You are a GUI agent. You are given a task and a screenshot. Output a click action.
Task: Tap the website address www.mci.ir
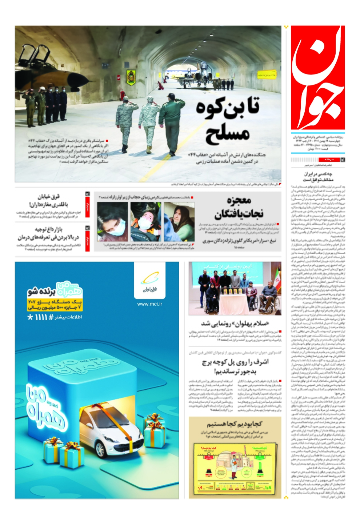[x=150, y=304]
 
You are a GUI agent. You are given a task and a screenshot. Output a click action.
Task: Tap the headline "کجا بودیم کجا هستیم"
[x=235, y=424]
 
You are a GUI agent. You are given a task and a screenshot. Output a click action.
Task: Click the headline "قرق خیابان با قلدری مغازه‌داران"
[x=48, y=201]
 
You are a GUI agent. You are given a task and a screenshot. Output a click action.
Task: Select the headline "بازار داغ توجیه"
[x=48, y=233]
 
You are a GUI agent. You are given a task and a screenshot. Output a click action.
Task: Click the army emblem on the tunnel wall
[x=131, y=77]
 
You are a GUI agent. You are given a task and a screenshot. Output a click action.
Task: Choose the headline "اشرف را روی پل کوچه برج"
[x=235, y=366]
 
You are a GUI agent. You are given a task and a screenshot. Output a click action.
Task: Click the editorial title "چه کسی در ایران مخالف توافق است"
[x=313, y=177]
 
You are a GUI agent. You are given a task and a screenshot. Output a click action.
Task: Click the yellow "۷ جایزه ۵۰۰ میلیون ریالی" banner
[x=55, y=308]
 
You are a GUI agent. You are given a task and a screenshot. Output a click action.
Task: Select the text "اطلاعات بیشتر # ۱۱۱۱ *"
[x=55, y=317]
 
